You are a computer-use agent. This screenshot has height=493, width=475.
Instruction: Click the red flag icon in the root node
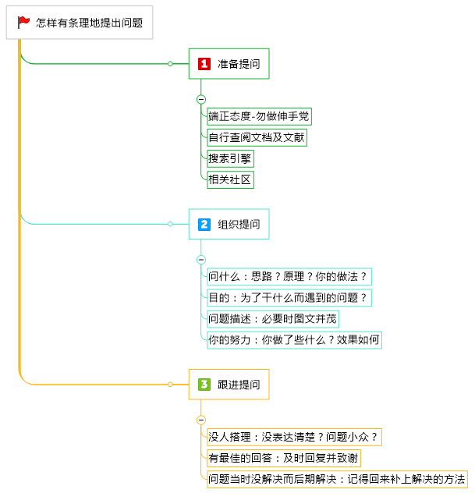[24, 23]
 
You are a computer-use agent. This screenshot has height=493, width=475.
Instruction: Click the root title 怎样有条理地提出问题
[90, 23]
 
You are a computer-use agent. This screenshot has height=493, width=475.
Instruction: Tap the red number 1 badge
[204, 64]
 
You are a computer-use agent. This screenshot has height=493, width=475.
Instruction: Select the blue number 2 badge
[204, 224]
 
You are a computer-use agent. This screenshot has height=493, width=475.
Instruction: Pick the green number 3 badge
[204, 384]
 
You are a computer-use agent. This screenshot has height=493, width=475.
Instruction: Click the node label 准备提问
[239, 64]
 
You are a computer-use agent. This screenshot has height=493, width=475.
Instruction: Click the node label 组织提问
[239, 224]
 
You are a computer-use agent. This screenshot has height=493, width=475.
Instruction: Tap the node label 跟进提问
[239, 384]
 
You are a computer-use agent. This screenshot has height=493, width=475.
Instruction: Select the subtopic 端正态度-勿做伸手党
[259, 117]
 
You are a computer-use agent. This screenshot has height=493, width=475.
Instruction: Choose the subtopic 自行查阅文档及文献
[257, 138]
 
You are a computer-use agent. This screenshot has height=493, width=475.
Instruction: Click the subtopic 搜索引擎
[231, 159]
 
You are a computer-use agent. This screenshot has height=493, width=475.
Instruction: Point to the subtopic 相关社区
[231, 180]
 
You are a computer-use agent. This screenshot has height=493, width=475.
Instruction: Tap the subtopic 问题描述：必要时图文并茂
[273, 318]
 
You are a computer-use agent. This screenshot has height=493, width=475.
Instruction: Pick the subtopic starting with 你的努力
[294, 339]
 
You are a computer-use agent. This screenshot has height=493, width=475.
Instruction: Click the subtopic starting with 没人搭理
[294, 437]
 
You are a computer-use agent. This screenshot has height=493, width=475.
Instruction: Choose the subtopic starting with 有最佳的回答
[283, 458]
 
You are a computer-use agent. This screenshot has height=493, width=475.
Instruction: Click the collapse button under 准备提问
[201, 99]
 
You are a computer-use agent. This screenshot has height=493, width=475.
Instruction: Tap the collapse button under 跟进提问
[201, 419]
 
